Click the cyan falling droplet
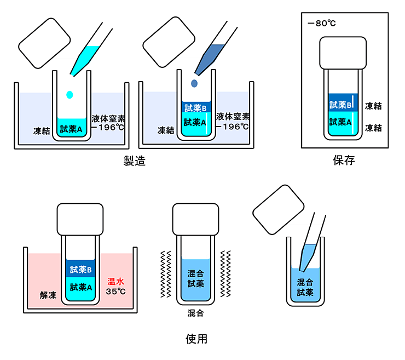coord(70,94)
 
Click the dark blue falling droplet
coord(194,83)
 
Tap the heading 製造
coord(134,162)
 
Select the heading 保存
coord(344,161)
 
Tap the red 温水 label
coord(117,281)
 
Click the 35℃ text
coord(115,291)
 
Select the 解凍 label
coord(48,295)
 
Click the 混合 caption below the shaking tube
coord(195,313)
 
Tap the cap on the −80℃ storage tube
coord(343,53)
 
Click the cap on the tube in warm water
coord(80,219)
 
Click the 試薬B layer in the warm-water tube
coord(80,269)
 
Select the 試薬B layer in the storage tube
coord(343,104)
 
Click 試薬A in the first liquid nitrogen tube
coord(71,129)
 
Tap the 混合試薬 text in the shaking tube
coord(195,278)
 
